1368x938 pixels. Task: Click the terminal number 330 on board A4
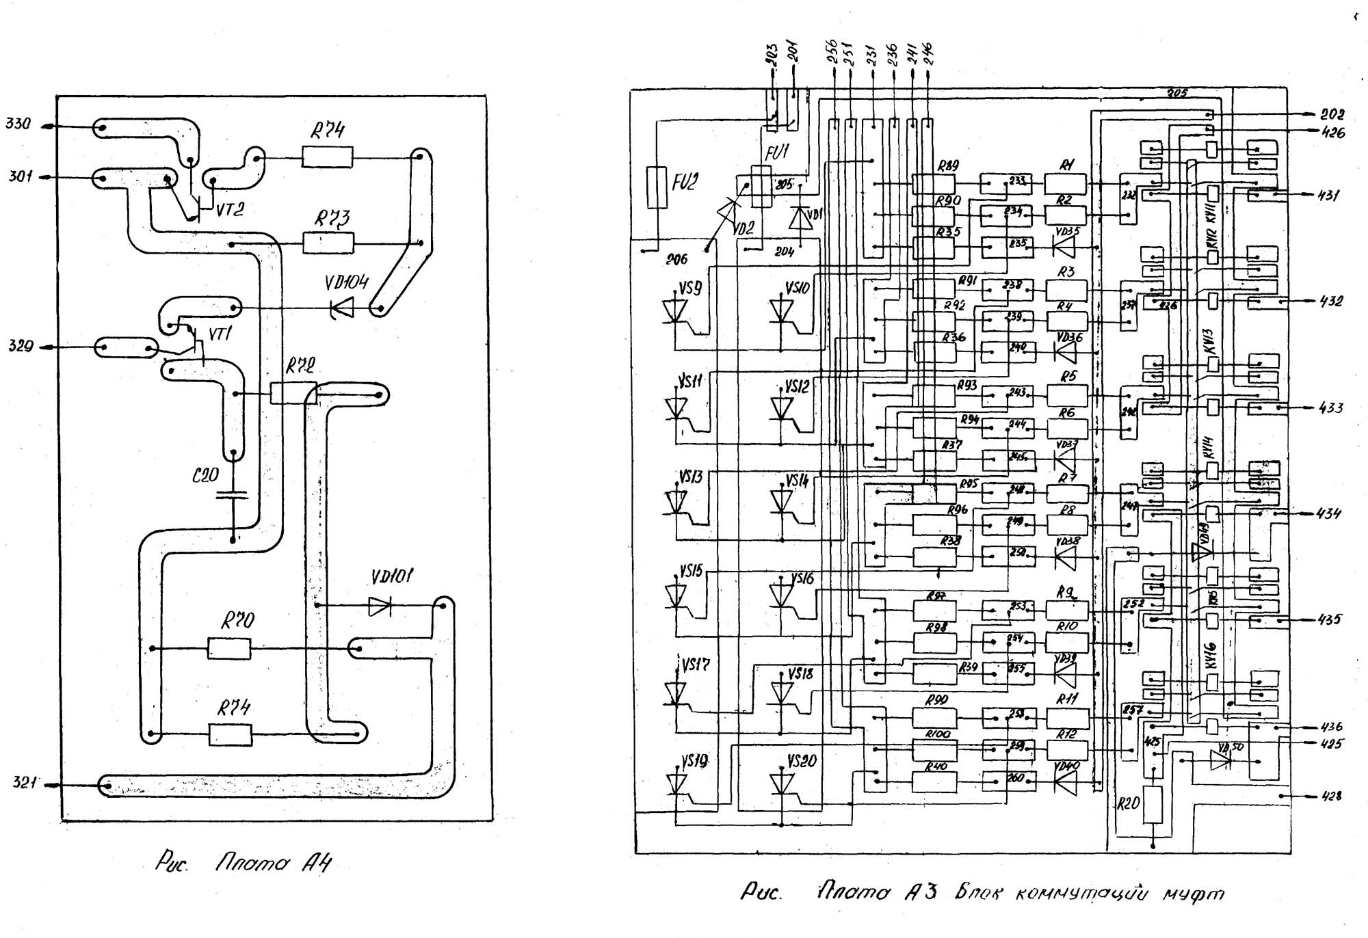(x=18, y=124)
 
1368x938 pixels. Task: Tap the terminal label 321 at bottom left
(x=25, y=782)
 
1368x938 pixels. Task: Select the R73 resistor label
(x=332, y=218)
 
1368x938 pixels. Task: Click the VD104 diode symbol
(x=342, y=308)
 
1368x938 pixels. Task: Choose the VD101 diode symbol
(x=380, y=606)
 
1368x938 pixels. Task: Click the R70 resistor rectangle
(x=229, y=648)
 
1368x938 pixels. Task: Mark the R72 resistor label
(x=300, y=366)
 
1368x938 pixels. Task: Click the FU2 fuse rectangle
(x=657, y=187)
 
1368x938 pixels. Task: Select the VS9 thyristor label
(x=690, y=289)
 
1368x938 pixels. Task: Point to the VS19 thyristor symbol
(x=676, y=783)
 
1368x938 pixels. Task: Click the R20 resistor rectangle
(x=1153, y=805)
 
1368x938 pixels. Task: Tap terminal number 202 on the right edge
(x=1332, y=115)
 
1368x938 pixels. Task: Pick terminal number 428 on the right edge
(x=1331, y=796)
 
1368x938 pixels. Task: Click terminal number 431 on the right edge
(x=1329, y=195)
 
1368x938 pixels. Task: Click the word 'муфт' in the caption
(x=1194, y=894)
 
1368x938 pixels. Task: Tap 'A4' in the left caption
(x=317, y=863)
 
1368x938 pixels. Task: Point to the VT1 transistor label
(x=220, y=334)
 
